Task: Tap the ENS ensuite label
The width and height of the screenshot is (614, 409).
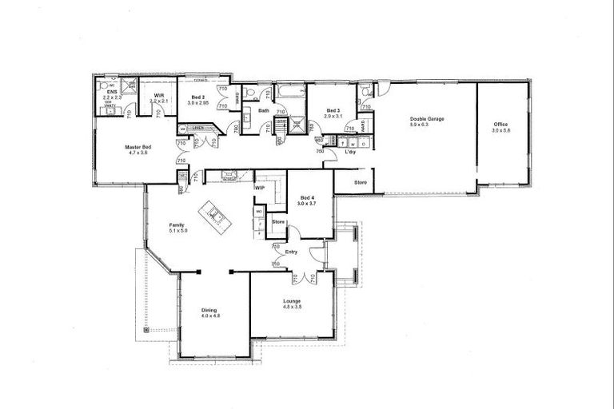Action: (x=112, y=92)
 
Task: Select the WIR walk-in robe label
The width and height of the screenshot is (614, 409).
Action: (x=159, y=96)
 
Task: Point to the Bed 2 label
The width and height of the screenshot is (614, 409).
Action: (x=197, y=97)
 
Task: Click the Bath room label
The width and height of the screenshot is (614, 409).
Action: (x=263, y=111)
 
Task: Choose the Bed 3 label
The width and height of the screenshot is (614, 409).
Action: (x=332, y=110)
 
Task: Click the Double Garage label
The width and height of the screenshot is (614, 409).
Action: (x=427, y=119)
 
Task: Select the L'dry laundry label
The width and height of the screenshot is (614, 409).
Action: (x=350, y=151)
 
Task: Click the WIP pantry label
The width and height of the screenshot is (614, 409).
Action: (x=260, y=188)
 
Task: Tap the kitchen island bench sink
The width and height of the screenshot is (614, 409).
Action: (x=213, y=213)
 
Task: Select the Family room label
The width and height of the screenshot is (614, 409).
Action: (x=177, y=225)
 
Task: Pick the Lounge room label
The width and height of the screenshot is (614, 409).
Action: (x=291, y=301)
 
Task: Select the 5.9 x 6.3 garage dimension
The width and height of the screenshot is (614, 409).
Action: (x=427, y=125)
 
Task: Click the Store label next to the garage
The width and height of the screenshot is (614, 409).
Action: (x=360, y=183)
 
